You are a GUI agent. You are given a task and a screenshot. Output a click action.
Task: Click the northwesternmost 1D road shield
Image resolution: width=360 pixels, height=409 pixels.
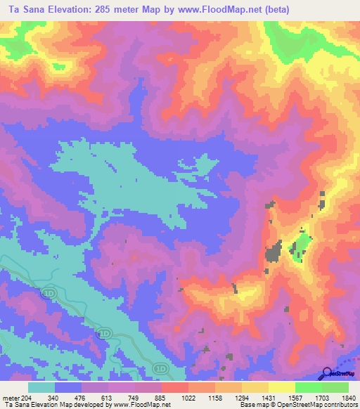pyautogui.click(x=48, y=292)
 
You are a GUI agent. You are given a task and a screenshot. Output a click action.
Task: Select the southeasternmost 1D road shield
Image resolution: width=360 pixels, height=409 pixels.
pyautogui.click(x=161, y=368)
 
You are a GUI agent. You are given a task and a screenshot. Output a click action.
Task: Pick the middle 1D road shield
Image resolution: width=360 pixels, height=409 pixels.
pyautogui.click(x=105, y=333)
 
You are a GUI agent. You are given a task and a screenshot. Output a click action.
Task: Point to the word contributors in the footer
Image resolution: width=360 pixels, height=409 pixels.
pyautogui.click(x=339, y=404)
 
